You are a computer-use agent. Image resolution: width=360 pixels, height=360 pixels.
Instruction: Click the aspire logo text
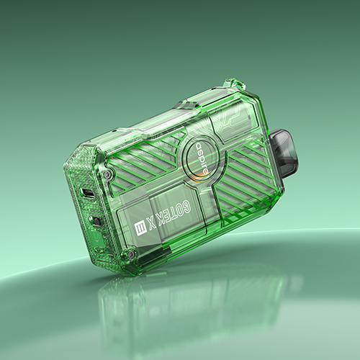[x=202, y=158]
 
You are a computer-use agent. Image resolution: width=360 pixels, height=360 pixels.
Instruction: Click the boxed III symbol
[x=139, y=228]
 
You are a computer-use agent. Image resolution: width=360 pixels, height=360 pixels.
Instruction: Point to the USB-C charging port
[x=87, y=192]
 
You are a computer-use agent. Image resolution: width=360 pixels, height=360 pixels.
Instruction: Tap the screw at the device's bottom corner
[x=131, y=253]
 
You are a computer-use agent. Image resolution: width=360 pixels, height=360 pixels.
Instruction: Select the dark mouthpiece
[x=285, y=149]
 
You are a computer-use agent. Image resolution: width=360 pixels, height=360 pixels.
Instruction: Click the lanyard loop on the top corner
[x=235, y=85]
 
